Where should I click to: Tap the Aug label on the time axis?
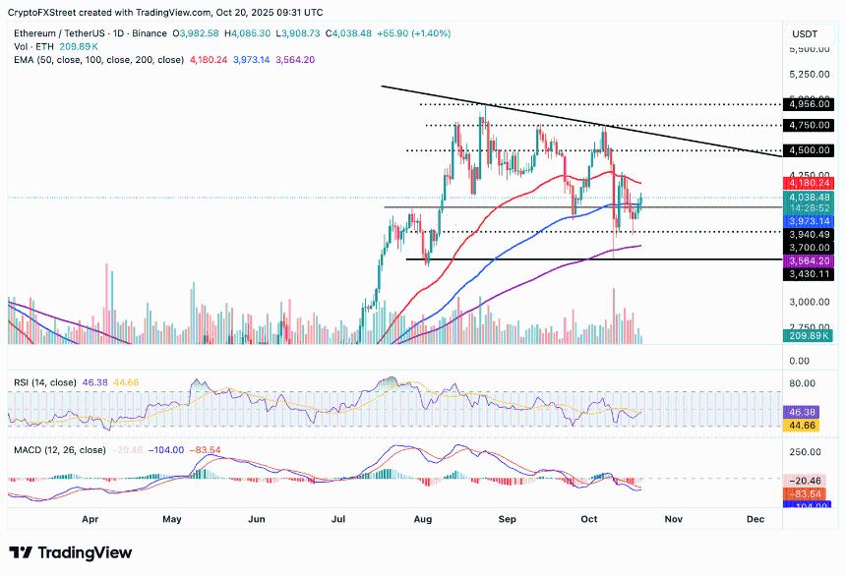pyautogui.click(x=424, y=517)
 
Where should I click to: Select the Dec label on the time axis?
pyautogui.click(x=755, y=517)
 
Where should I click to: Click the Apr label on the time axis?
pyautogui.click(x=91, y=517)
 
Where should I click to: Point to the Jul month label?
pyautogui.click(x=340, y=517)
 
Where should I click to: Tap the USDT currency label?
pyautogui.click(x=805, y=33)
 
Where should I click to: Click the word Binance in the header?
pyautogui.click(x=150, y=32)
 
